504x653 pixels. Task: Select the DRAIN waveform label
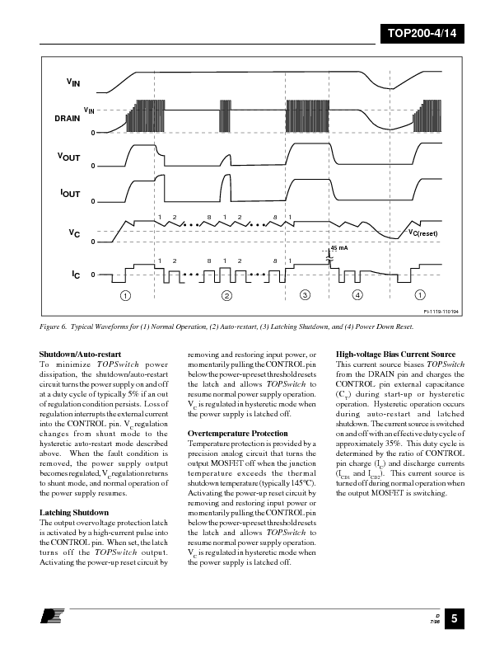click(x=68, y=119)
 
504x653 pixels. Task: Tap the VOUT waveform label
click(x=68, y=157)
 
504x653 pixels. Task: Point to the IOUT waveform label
click(x=70, y=193)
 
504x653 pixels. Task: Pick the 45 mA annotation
click(x=338, y=247)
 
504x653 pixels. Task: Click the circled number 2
click(x=227, y=294)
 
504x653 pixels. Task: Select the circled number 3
click(x=305, y=294)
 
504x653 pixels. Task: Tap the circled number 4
click(x=357, y=294)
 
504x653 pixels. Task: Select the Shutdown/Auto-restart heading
click(x=82, y=355)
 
